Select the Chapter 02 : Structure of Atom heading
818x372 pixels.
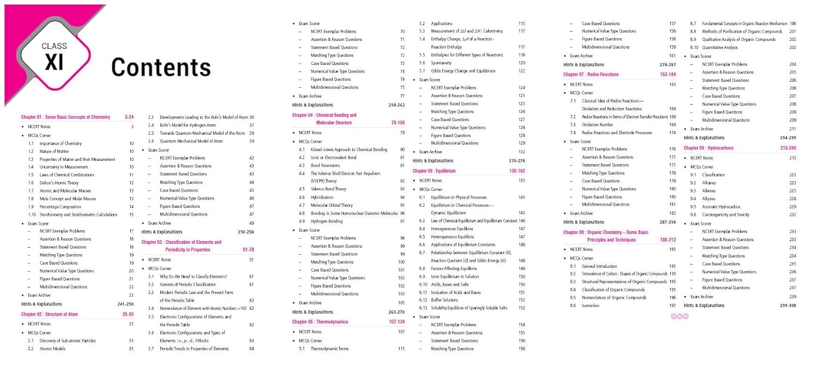[x=50, y=314]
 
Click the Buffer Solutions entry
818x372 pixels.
[x=444, y=299]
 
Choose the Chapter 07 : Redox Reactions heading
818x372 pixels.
[x=592, y=74]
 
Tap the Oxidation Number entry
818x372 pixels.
[x=597, y=125]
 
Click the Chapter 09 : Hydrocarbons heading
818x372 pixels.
[x=708, y=148]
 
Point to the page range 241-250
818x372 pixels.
[x=125, y=304]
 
